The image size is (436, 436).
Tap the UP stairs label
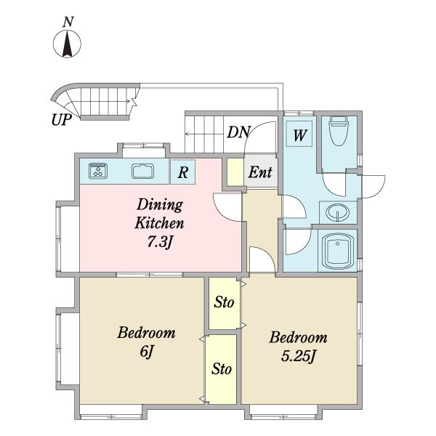(62, 120)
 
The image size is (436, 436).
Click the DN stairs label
(239, 132)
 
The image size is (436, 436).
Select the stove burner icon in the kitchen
(98, 171)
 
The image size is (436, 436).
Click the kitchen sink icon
(143, 171)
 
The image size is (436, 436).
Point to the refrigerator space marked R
(182, 171)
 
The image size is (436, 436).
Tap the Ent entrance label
(260, 172)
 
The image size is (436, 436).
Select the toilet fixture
(339, 131)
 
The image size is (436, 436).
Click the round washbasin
(338, 212)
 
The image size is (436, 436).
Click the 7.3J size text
(160, 242)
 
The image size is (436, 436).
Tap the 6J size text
(147, 352)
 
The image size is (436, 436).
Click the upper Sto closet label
(224, 302)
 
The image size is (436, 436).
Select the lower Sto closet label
(222, 369)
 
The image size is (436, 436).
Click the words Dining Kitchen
(160, 214)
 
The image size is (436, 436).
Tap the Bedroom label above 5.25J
(298, 338)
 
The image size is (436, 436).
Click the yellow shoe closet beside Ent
(235, 171)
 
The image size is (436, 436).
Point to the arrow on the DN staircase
(205, 134)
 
